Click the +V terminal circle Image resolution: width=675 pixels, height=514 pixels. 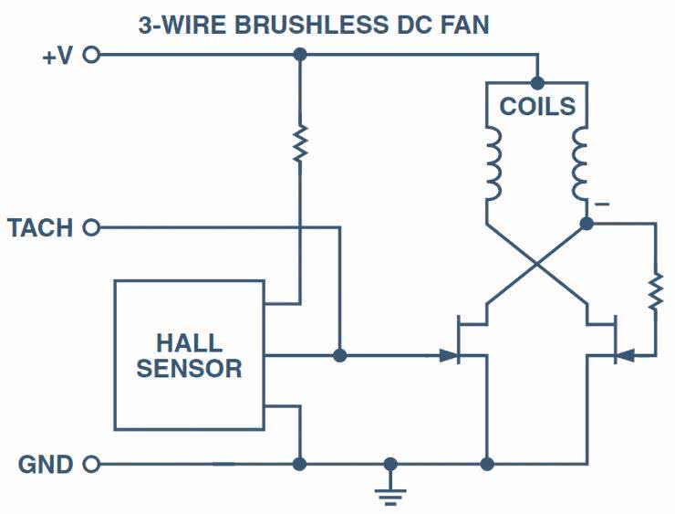90,55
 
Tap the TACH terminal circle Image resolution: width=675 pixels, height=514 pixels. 90,227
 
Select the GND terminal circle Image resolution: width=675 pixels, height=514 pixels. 90,465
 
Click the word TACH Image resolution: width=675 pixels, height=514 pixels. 40,227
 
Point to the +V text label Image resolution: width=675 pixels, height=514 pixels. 57,55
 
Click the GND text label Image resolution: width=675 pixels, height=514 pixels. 46,465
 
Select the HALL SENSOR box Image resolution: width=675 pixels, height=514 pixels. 188,355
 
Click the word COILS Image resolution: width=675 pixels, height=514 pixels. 537,107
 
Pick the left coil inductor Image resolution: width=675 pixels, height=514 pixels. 493,164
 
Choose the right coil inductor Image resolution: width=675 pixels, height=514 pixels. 581,164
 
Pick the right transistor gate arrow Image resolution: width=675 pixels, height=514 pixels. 625,355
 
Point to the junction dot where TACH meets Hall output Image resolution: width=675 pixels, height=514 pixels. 339,355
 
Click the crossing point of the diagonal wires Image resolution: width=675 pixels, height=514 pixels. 537,266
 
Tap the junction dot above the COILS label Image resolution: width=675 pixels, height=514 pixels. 537,83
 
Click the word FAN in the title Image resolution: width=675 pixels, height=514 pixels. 463,25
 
